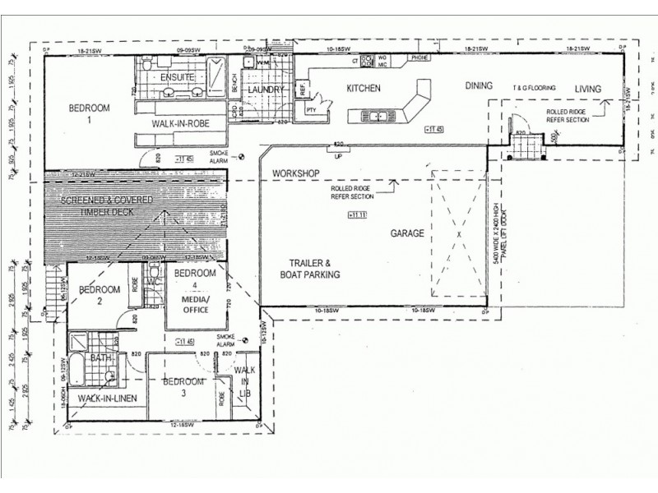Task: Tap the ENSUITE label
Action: (x=176, y=78)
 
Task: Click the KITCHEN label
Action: (x=363, y=88)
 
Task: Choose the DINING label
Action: (x=478, y=85)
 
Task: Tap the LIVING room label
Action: (x=588, y=89)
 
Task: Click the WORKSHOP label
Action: (x=297, y=173)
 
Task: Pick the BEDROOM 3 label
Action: (x=183, y=387)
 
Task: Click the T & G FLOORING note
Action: (x=535, y=88)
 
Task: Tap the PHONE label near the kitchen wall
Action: (x=419, y=58)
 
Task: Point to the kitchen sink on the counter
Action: (x=378, y=117)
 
